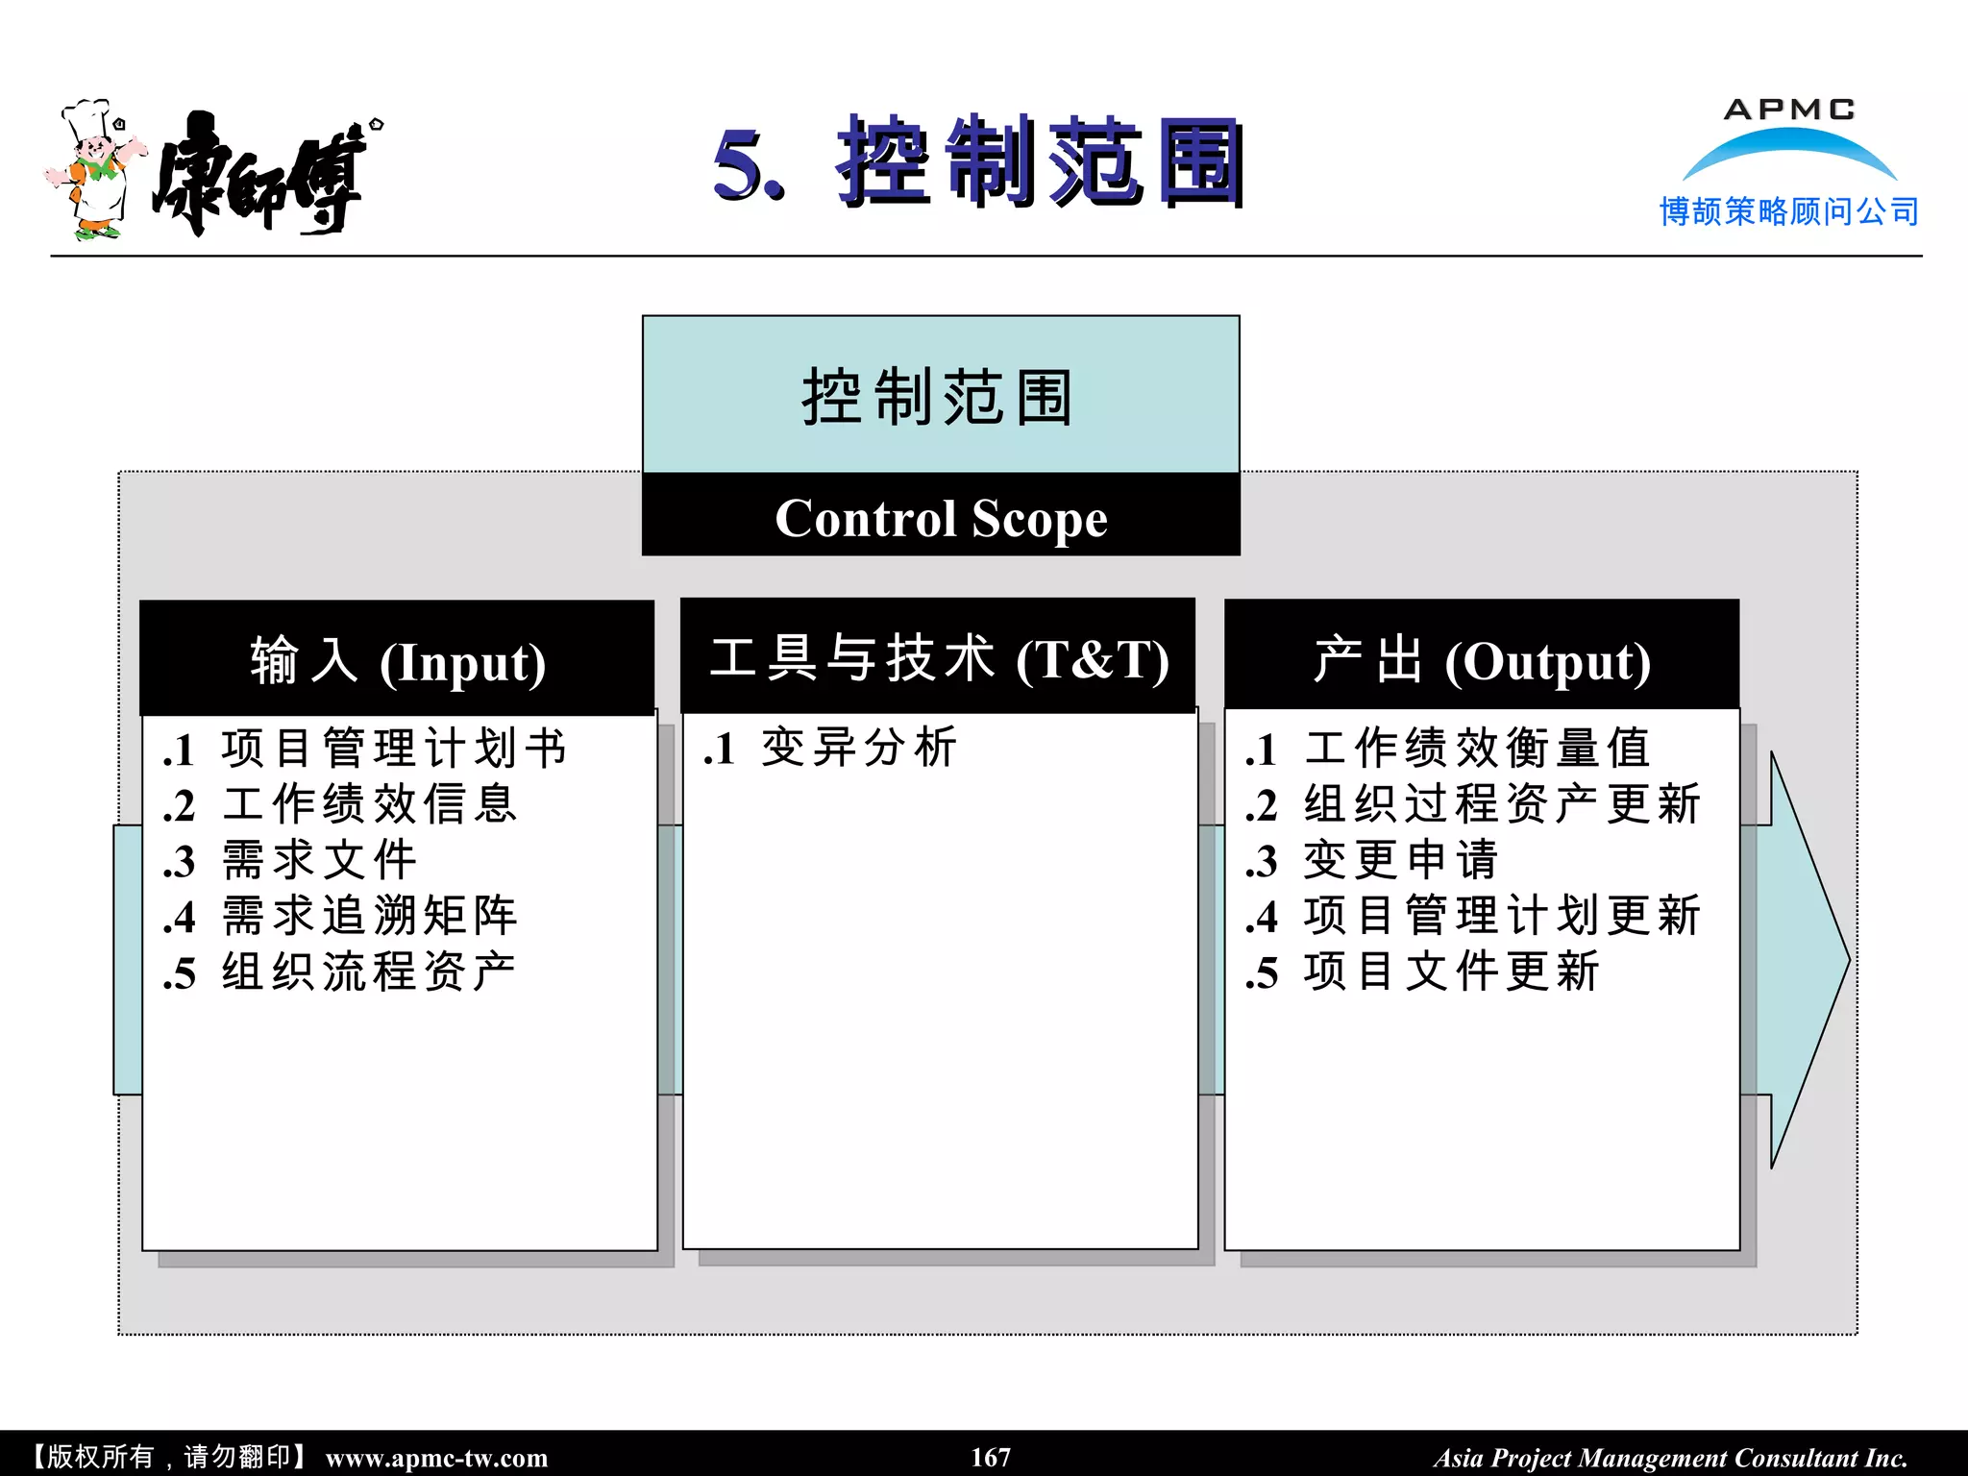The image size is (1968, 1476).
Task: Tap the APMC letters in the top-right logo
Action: coord(1788,110)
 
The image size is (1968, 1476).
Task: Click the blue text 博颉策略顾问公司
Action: coord(1788,211)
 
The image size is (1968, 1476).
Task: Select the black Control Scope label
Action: coord(941,518)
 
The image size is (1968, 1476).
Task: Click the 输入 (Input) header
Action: coord(397,661)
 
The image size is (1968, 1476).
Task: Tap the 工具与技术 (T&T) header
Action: coord(938,659)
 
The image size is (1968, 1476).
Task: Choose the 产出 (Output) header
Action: coord(1481,661)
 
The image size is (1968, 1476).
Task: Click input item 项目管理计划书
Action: coord(393,749)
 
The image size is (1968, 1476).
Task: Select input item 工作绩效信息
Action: coord(369,804)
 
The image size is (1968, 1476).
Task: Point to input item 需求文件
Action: coord(319,860)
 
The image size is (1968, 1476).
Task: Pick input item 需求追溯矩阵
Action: coord(369,916)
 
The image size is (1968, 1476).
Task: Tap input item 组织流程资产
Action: coord(369,972)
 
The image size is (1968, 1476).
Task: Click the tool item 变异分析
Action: coord(858,748)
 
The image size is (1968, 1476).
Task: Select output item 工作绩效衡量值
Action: coord(1477,749)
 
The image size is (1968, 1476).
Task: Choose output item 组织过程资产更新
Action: coord(1501,804)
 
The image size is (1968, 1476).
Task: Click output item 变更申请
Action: coord(1400,860)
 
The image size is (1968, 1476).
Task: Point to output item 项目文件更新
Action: coord(1451,972)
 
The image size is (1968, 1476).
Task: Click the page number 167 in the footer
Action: coord(991,1457)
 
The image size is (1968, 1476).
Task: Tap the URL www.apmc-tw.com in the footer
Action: coord(436,1458)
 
